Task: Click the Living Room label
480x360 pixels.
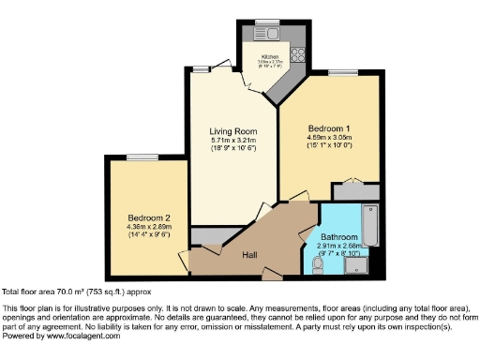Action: (x=231, y=131)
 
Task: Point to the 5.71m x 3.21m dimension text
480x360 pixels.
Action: (x=231, y=140)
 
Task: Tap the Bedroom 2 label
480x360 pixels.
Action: (x=147, y=217)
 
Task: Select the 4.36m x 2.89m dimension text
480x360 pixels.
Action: (x=147, y=226)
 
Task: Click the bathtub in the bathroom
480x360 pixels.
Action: (x=369, y=226)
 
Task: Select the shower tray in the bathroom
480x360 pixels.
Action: (x=358, y=267)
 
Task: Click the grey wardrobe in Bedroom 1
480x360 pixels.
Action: (x=354, y=191)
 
